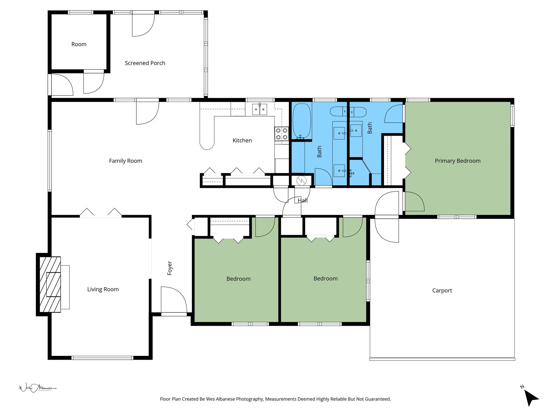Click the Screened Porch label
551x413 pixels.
pos(145,63)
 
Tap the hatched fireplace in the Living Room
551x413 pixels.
pos(50,284)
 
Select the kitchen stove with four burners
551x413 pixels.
pos(281,134)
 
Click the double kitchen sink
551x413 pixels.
pos(259,109)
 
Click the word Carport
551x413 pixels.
pos(442,291)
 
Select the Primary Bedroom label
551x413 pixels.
pos(457,161)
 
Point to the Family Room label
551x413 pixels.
pos(125,161)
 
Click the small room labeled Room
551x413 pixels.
pos(79,44)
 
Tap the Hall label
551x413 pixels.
pos(302,201)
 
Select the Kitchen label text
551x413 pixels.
pos(242,141)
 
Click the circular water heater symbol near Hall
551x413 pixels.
pos(301,181)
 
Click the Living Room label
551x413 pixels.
pos(103,290)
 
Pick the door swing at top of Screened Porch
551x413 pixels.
pos(143,25)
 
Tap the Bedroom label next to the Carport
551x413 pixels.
pos(325,279)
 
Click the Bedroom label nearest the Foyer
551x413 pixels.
pos(238,279)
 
